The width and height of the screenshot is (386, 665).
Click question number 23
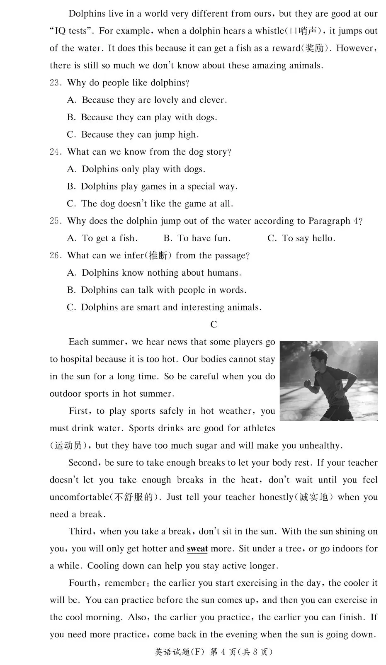tap(55, 83)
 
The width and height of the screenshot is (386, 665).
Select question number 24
tap(55, 152)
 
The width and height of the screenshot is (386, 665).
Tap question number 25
tap(55, 221)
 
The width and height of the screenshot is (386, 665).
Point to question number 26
tap(55, 256)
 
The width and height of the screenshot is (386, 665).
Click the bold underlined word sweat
tap(197, 549)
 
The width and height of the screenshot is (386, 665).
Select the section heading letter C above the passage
tap(214, 325)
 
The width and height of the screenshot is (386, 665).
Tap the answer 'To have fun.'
tap(197, 238)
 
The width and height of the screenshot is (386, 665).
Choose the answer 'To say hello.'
tap(301, 238)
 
